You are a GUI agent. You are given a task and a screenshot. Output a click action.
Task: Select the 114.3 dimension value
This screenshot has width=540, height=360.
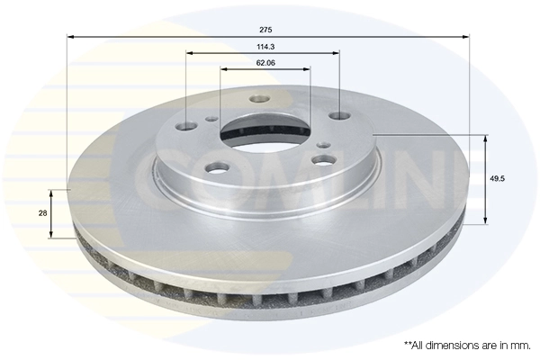(x=265, y=46)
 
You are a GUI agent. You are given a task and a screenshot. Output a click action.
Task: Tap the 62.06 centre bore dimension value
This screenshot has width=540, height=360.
(x=265, y=63)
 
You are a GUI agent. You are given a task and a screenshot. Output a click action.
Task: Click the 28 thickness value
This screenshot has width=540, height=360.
(x=41, y=212)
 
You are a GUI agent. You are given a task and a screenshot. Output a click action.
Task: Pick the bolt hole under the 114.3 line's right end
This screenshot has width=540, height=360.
(x=338, y=115)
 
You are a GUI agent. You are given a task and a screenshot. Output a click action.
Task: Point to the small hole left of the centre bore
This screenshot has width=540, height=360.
(x=211, y=118)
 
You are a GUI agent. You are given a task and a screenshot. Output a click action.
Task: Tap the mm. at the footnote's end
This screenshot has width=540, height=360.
(x=519, y=345)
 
